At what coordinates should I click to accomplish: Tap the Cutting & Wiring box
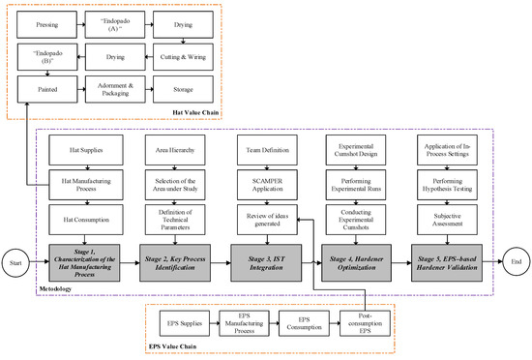(184, 57)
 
